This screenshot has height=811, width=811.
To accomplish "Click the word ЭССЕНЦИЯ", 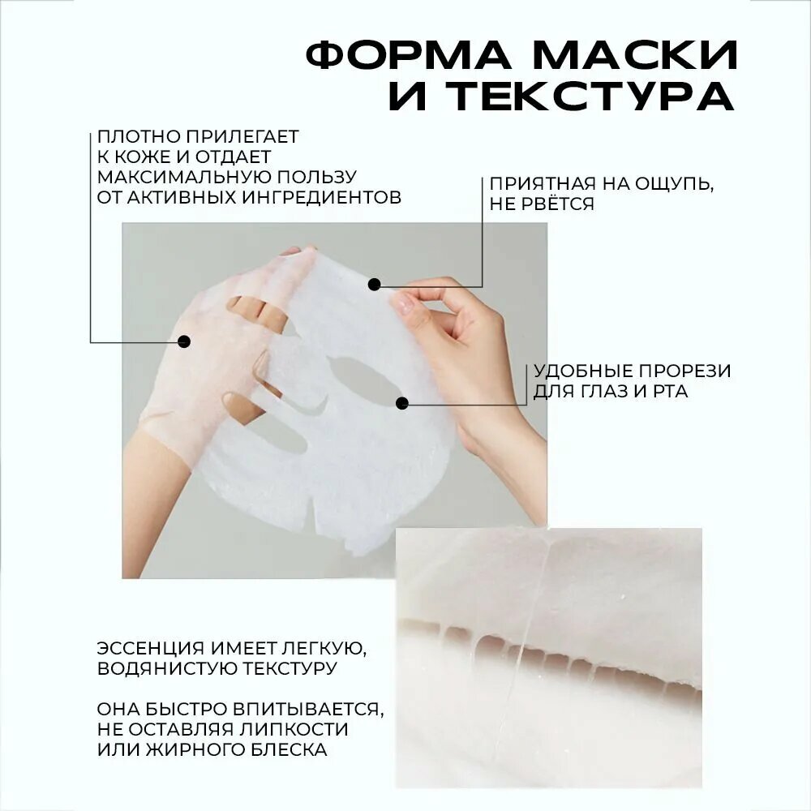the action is (150, 648).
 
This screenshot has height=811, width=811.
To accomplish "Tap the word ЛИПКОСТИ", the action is (294, 729).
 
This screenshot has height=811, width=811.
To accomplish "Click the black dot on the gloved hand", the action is (183, 341).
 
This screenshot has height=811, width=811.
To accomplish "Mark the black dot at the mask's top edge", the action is (374, 284).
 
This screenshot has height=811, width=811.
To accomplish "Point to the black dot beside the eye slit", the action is (402, 403).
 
